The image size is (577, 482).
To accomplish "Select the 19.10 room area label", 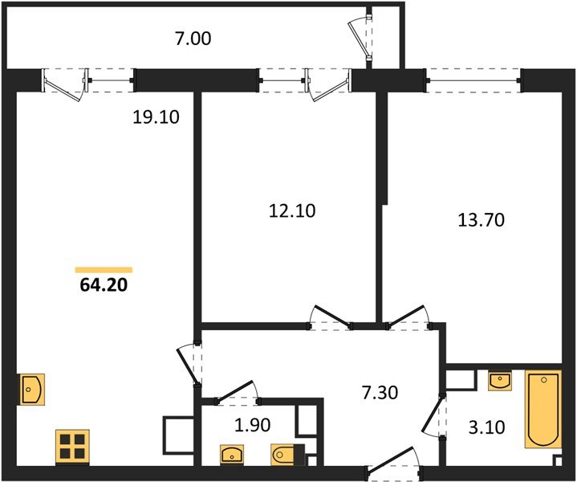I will coord(156,117).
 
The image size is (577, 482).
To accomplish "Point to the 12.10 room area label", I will coord(291,211).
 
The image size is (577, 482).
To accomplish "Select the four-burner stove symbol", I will coord(72,447).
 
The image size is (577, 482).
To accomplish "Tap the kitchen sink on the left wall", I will coord(32,390).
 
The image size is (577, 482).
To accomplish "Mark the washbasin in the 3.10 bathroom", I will coord(500,380).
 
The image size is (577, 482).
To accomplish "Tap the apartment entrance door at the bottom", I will coord(393,465).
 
